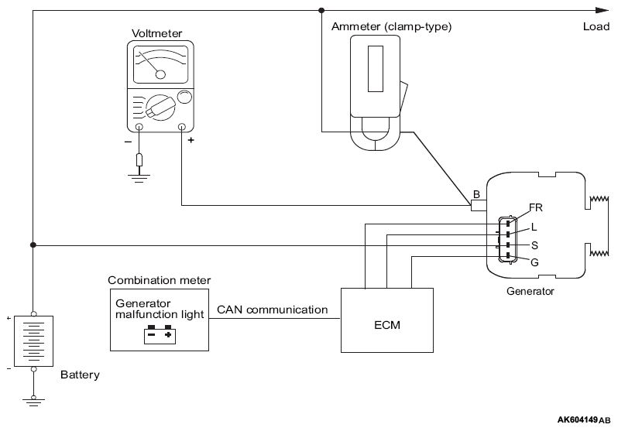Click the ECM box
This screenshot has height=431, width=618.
click(387, 320)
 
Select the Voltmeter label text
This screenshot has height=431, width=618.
click(157, 33)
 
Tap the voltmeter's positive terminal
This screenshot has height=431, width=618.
click(182, 127)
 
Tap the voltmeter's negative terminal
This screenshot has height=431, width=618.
click(139, 127)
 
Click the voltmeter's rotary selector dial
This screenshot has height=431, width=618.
click(160, 108)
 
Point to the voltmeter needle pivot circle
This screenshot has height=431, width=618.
click(160, 74)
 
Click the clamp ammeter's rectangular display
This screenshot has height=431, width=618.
click(376, 69)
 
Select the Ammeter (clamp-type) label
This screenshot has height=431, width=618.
click(391, 26)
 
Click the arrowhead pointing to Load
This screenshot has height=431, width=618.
click(603, 10)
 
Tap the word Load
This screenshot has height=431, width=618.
click(596, 26)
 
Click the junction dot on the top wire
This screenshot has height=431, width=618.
click(321, 10)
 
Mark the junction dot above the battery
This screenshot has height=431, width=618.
click(33, 245)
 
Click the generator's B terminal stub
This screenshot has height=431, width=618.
click(479, 205)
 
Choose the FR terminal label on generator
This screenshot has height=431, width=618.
click(536, 207)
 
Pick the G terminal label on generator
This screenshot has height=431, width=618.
click(534, 262)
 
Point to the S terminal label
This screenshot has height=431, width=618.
click(534, 245)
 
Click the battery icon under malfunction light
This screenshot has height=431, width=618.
click(160, 334)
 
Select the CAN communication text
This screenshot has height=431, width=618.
click(273, 310)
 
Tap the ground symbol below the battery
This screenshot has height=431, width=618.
click(33, 402)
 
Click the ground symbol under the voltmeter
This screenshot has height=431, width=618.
click(139, 178)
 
